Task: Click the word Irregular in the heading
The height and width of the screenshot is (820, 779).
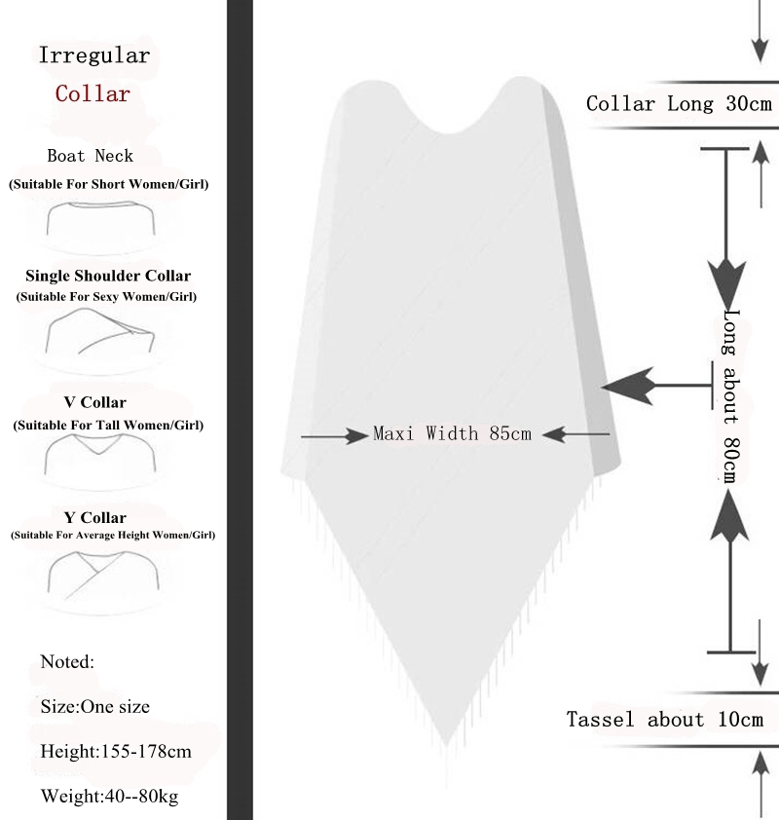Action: coord(94,56)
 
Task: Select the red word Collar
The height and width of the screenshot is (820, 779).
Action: coord(93,94)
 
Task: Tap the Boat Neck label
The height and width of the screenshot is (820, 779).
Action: coord(91,156)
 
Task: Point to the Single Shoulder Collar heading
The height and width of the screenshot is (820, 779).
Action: coord(108,277)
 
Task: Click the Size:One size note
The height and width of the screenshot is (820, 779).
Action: coord(95,707)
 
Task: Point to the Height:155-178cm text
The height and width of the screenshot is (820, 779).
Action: coord(116,752)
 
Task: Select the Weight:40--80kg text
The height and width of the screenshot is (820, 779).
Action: coord(109,797)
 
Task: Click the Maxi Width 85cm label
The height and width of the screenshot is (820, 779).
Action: coord(453,434)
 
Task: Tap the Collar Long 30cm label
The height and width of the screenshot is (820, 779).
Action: coord(680,104)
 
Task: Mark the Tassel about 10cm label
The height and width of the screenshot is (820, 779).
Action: coord(665,720)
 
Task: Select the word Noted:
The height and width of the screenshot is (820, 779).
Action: coord(67,662)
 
